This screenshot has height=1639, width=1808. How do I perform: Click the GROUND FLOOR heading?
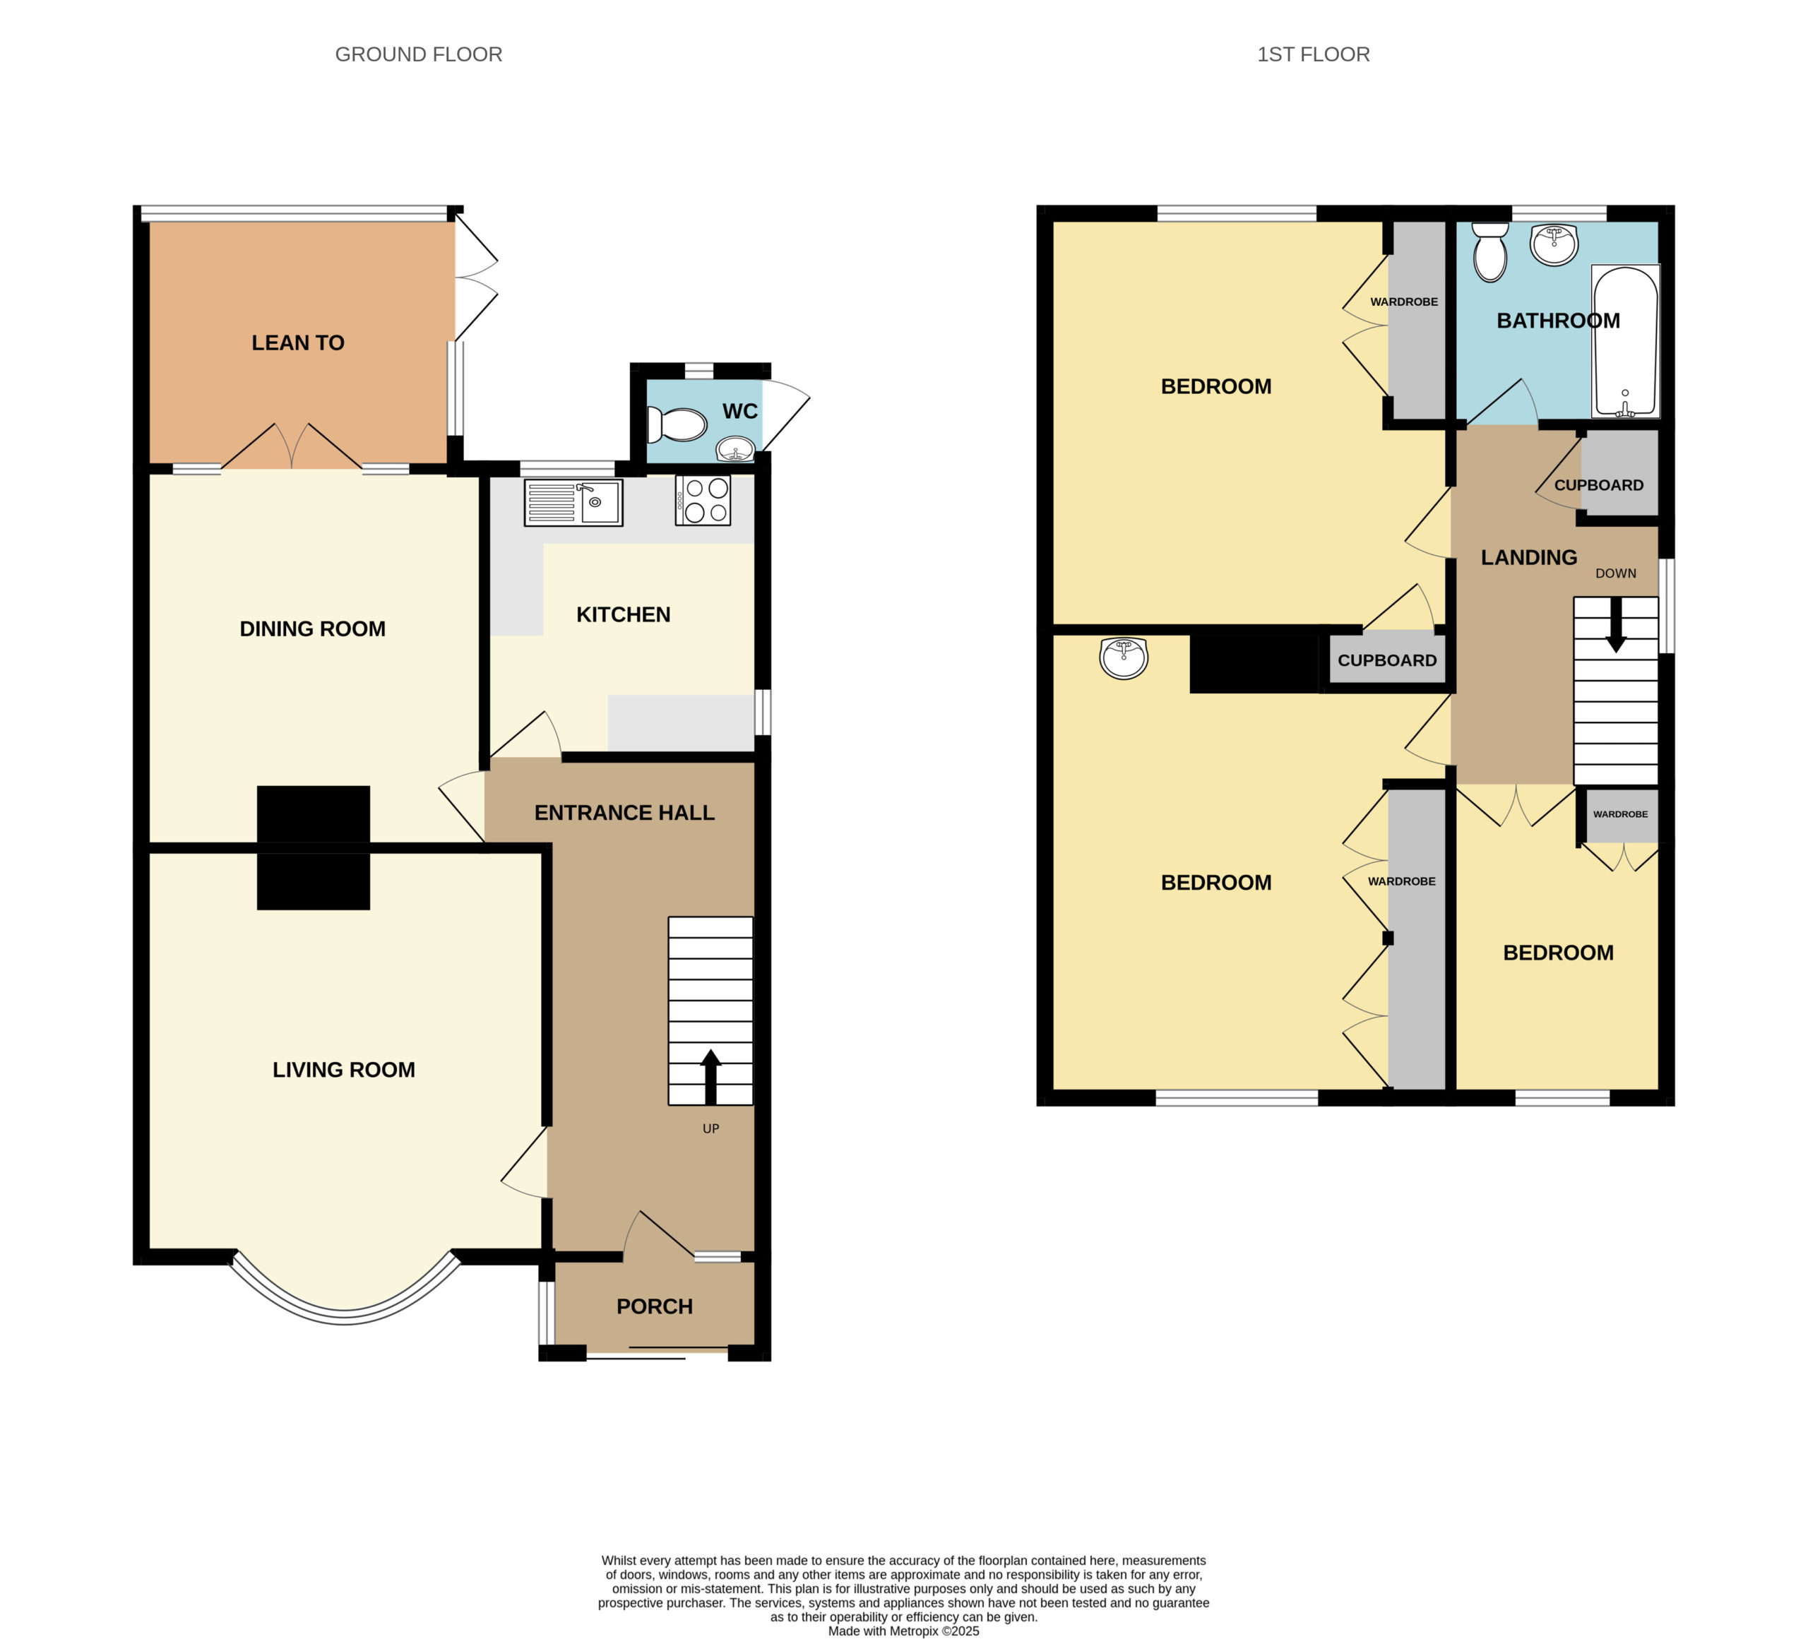(418, 54)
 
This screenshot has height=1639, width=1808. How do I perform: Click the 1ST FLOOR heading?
(1313, 54)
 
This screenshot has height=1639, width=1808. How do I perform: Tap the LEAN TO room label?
(298, 342)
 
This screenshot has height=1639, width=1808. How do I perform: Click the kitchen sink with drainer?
(573, 503)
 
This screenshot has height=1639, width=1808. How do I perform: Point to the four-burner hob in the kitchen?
(703, 500)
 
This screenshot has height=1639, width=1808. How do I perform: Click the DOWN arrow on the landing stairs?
(1615, 625)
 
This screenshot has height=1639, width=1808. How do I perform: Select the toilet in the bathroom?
(1489, 252)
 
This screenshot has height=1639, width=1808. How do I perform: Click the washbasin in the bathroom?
(1553, 245)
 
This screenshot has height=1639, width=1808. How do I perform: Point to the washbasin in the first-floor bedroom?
(1123, 658)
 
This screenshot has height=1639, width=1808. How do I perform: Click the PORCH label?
(655, 1306)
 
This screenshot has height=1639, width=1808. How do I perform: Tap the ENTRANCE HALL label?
(624, 812)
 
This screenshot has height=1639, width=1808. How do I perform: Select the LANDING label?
(1529, 558)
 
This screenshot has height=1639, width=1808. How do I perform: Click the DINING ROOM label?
(312, 628)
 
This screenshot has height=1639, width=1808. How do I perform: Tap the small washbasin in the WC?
(735, 449)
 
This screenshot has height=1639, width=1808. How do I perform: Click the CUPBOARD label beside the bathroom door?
(1598, 485)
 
